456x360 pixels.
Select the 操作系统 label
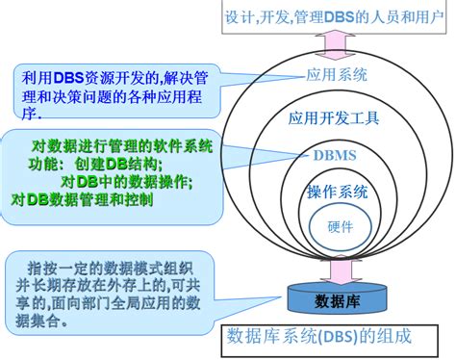pyautogui.click(x=337, y=191)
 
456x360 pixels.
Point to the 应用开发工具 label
pyautogui.click(x=334, y=119)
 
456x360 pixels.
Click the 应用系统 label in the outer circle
pyautogui.click(x=332, y=73)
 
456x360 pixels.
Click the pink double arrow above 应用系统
pyautogui.click(x=331, y=45)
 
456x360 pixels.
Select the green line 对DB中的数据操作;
pyautogui.click(x=126, y=181)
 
